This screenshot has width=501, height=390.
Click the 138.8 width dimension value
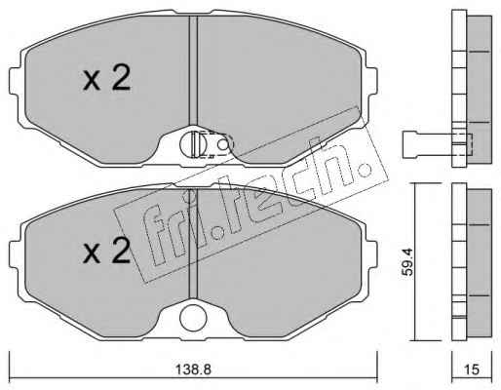click(x=193, y=370)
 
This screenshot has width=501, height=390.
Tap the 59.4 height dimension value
click(x=407, y=262)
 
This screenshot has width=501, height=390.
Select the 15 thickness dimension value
click(x=472, y=370)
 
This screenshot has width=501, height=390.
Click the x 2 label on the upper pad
click(x=107, y=77)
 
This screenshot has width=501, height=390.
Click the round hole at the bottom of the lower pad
click(x=193, y=317)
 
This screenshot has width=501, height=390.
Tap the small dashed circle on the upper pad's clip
click(x=223, y=145)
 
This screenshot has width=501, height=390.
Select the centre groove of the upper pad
click(x=193, y=70)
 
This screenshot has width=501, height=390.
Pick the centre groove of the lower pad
click(x=193, y=244)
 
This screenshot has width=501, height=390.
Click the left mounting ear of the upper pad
click(x=16, y=81)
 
